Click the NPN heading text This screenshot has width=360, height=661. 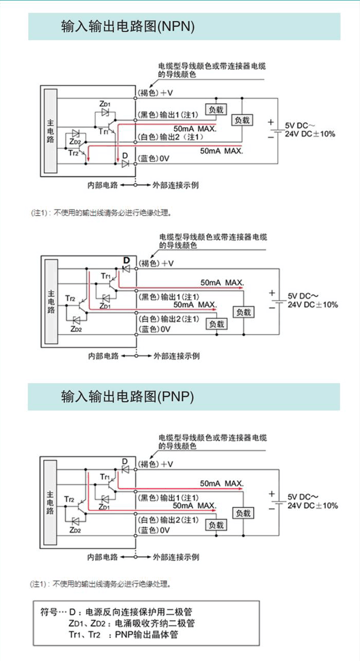tap(128, 26)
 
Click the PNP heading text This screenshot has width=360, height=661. tap(127, 396)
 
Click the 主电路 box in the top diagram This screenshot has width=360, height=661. tap(51, 131)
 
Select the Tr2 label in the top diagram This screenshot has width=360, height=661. tap(73, 153)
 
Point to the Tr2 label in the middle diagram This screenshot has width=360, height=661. tap(70, 298)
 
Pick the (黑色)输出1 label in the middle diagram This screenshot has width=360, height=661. tap(168, 297)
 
